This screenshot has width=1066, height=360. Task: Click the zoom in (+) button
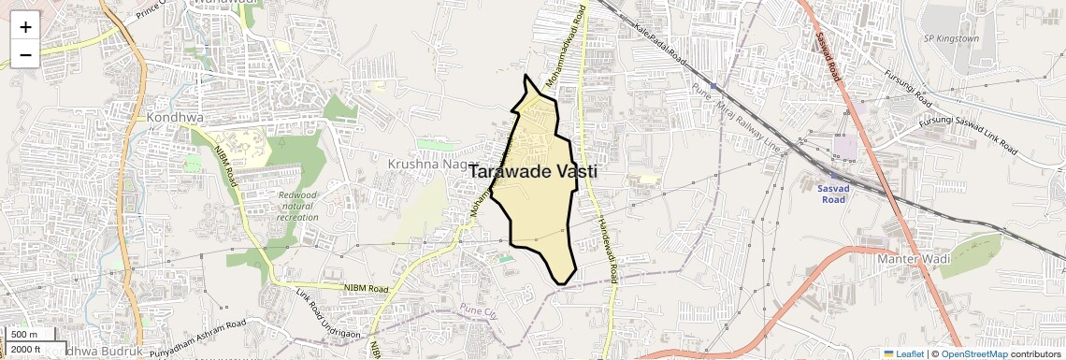(25, 26)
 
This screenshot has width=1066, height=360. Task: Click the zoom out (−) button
(25, 54)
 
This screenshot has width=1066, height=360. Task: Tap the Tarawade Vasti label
(532, 172)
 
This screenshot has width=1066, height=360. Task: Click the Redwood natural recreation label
(298, 206)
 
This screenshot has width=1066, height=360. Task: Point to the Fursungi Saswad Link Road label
(968, 136)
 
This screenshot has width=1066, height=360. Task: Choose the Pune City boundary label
(481, 309)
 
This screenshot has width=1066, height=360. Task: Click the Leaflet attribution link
(903, 353)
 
